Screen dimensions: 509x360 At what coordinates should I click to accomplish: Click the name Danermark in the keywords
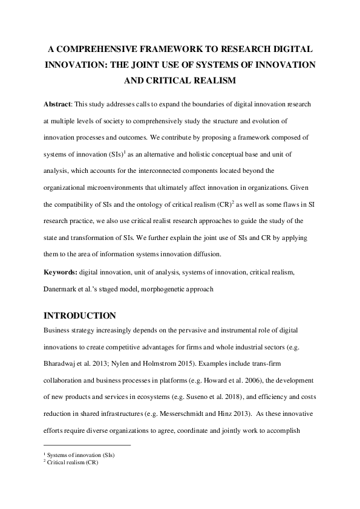[x=62, y=290]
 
